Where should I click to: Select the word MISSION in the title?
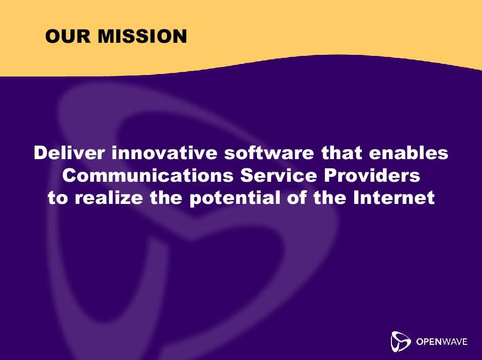142,36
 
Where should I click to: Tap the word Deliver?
69,153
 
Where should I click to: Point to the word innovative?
165,153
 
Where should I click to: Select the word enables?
409,153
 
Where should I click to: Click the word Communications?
148,175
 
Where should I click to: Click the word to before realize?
58,198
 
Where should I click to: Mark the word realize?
109,198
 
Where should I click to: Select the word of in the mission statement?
297,198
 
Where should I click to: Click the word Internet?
394,198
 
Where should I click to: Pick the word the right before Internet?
330,198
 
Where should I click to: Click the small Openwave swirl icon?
400,341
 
